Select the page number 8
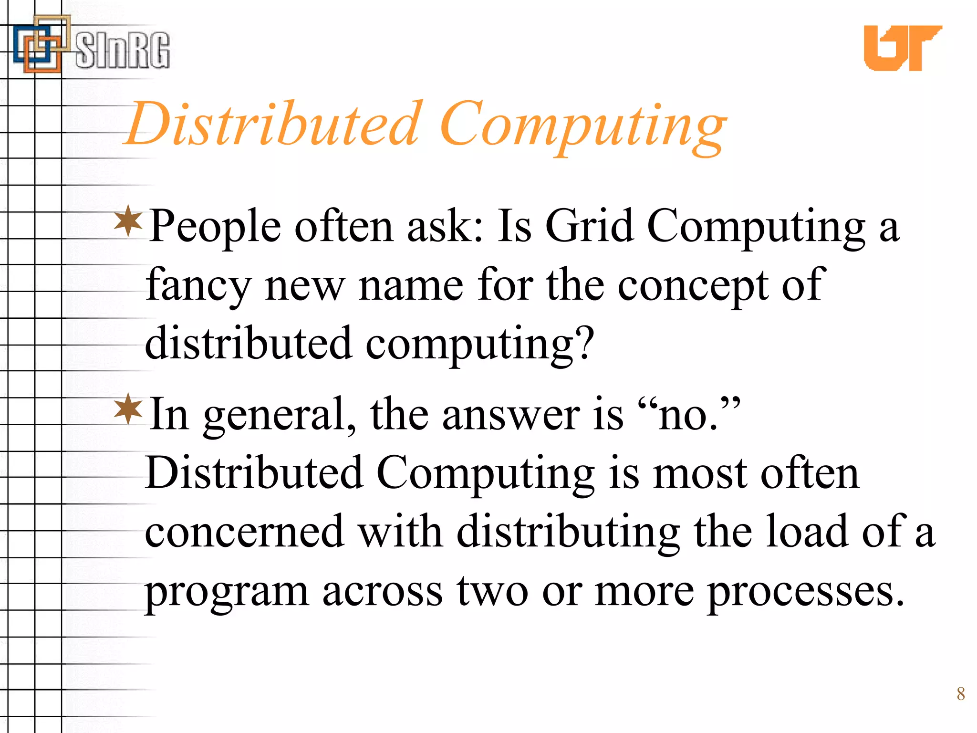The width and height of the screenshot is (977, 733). tap(961, 693)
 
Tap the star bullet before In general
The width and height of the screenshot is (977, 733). tap(128, 409)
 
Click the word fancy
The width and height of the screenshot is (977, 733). tap(198, 286)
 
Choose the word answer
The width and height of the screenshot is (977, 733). tap(510, 415)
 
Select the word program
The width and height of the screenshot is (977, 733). tap(227, 592)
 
